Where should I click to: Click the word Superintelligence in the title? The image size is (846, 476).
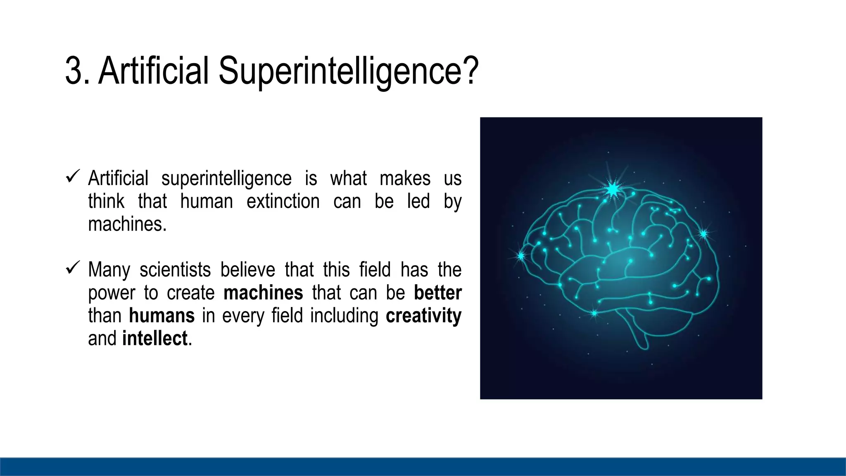(x=348, y=71)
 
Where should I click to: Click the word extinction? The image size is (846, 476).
(x=283, y=202)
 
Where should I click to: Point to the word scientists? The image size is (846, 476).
(x=175, y=270)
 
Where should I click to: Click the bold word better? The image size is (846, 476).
(x=437, y=293)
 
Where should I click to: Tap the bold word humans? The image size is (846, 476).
(x=162, y=316)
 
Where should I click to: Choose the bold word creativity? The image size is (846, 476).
(x=423, y=316)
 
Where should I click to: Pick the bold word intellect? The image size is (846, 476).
(x=155, y=338)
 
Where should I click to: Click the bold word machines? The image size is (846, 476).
(x=263, y=293)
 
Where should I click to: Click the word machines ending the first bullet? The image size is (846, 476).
(x=126, y=224)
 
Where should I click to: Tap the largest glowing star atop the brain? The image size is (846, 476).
(x=613, y=189)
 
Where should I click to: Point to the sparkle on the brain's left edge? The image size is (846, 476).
(x=521, y=256)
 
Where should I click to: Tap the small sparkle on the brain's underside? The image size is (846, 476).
(x=594, y=313)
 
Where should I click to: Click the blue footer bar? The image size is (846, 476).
(x=423, y=466)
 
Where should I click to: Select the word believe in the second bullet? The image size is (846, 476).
(x=247, y=270)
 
